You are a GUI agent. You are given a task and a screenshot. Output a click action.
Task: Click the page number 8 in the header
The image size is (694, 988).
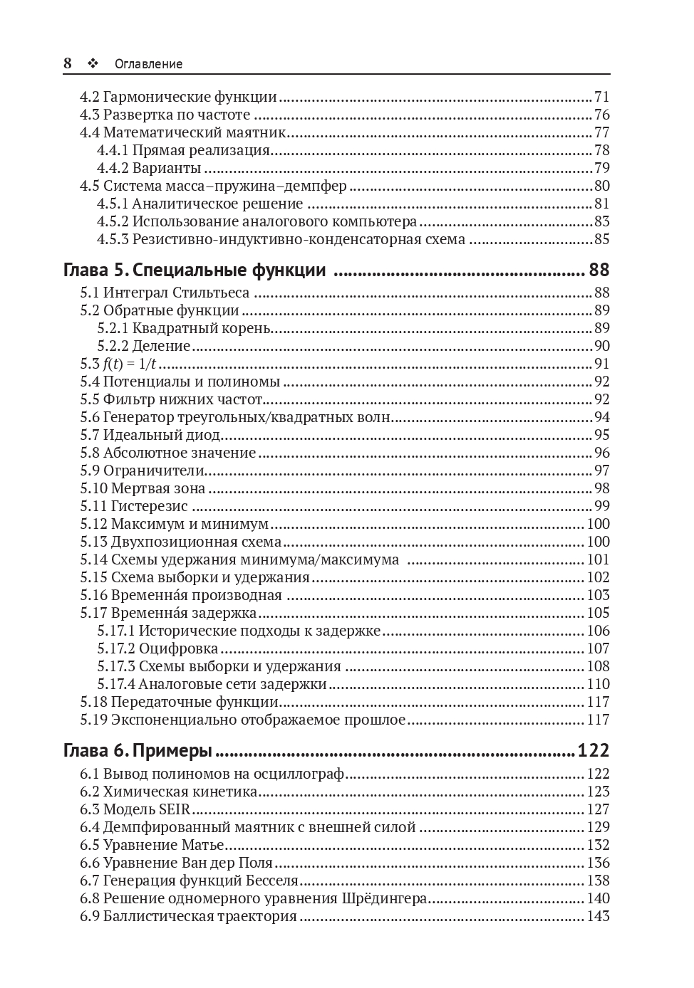point(68,63)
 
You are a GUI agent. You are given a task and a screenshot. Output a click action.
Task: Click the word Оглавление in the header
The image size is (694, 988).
point(148,64)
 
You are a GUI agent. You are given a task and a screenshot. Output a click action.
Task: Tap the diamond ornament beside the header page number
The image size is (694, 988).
point(92,63)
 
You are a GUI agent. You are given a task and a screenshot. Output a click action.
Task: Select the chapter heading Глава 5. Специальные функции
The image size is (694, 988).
point(195,270)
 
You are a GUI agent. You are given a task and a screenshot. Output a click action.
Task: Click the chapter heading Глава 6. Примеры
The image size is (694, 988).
point(138,751)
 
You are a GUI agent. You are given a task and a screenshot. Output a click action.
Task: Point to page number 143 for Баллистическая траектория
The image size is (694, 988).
point(598,916)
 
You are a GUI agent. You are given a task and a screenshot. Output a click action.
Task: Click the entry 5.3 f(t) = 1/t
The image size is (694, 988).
point(118,364)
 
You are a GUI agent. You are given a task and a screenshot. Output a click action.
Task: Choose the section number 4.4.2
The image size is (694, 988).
point(113,168)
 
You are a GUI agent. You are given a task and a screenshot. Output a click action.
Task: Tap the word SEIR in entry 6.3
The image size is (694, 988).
point(175,809)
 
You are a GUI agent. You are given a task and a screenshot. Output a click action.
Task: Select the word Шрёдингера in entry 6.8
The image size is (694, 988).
point(385,898)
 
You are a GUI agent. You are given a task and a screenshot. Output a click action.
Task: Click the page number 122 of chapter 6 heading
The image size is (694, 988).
point(594,751)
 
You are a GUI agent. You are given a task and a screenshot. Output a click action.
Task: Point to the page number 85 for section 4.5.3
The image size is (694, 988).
point(602,239)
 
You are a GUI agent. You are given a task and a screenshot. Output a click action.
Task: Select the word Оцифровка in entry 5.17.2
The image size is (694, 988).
point(178,648)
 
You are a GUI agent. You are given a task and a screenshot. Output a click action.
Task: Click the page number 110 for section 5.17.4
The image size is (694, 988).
point(598,684)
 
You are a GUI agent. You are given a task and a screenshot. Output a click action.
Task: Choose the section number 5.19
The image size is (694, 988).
point(93,720)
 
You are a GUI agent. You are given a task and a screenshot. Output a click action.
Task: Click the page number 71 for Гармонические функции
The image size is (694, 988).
point(602,97)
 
